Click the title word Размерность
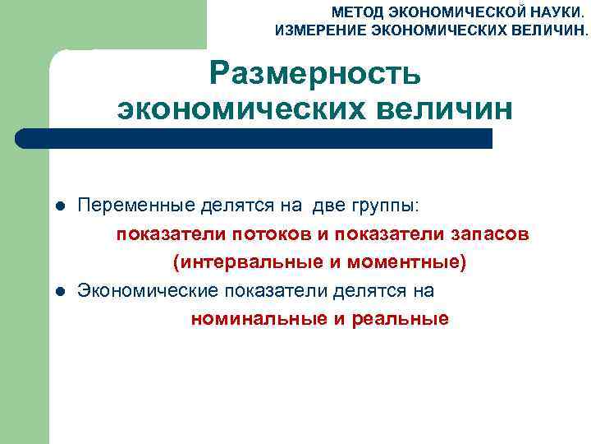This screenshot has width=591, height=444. tap(314, 74)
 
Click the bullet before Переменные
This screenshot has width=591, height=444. tap(59, 204)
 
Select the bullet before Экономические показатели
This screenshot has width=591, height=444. tap(59, 291)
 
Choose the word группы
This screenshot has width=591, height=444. tap(389, 204)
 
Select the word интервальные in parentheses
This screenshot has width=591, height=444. tap(238, 262)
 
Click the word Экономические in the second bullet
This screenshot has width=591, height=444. tap(144, 290)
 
